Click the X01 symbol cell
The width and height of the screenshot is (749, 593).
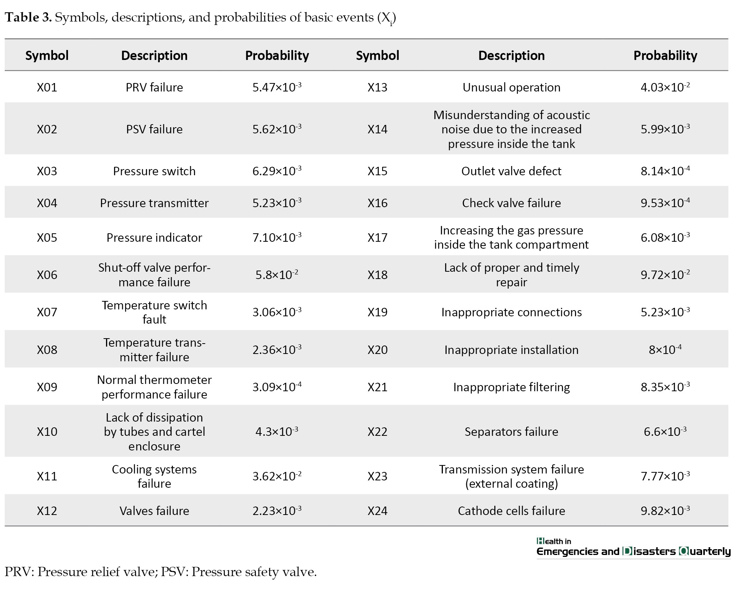[x=47, y=87]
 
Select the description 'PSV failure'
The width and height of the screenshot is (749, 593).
[x=154, y=129]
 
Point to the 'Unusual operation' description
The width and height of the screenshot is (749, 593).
[x=511, y=87]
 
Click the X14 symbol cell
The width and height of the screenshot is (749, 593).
[x=378, y=129]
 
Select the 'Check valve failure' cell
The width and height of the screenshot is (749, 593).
[x=511, y=203]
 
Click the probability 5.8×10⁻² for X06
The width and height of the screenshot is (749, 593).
[x=277, y=274]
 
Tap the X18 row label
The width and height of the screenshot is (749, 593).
[x=378, y=274]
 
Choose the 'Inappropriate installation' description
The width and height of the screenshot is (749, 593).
[x=511, y=350]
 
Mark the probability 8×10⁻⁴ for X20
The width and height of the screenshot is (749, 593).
[x=665, y=349]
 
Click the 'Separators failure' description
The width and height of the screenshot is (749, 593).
[x=511, y=432]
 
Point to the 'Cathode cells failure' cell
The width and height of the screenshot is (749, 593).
[x=511, y=510]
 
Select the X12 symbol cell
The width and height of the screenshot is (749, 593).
[x=47, y=510]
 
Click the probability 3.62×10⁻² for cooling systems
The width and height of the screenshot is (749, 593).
[x=277, y=476]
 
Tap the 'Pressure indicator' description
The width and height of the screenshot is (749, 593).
[x=154, y=238]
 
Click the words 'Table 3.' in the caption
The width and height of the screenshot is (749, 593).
[x=28, y=17]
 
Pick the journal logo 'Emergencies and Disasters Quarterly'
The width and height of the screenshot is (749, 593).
[x=633, y=551]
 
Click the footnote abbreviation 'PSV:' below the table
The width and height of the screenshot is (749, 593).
[x=175, y=572]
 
